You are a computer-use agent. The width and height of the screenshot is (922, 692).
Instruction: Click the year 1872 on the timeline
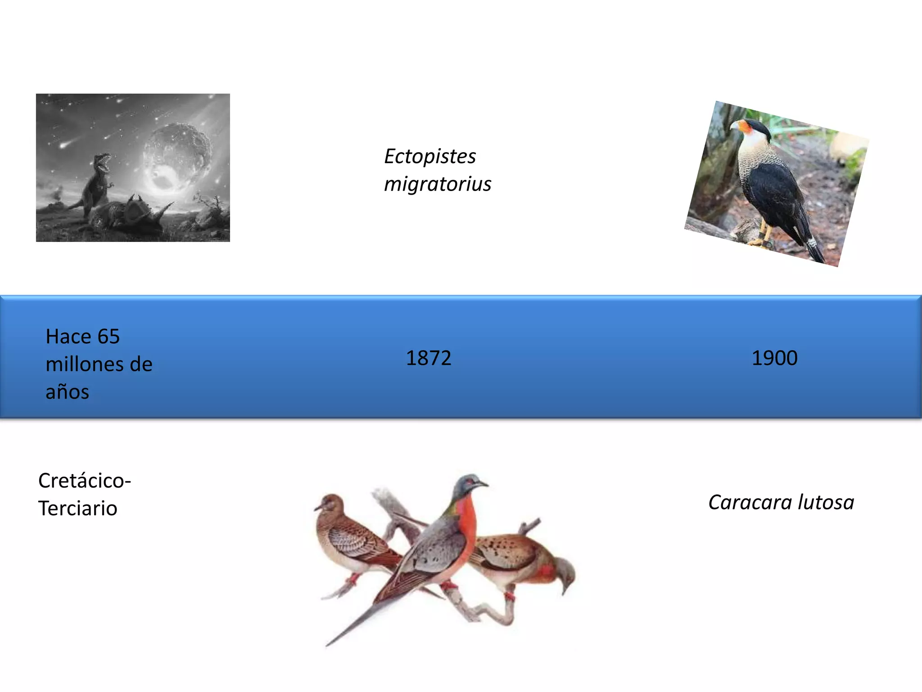click(x=428, y=358)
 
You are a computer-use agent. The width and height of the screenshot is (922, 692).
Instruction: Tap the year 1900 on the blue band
click(x=774, y=358)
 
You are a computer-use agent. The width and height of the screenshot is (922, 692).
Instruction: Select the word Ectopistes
click(x=430, y=157)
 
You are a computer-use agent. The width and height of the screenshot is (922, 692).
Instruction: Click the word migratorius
click(x=438, y=184)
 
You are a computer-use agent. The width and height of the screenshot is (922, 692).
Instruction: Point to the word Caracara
click(x=750, y=502)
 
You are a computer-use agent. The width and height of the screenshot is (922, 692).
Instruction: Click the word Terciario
click(x=78, y=509)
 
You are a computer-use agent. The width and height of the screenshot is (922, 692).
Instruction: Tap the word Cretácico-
click(x=85, y=481)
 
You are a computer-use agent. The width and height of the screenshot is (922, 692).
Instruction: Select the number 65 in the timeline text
click(x=108, y=337)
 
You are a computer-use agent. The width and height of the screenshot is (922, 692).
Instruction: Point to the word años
click(x=68, y=392)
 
